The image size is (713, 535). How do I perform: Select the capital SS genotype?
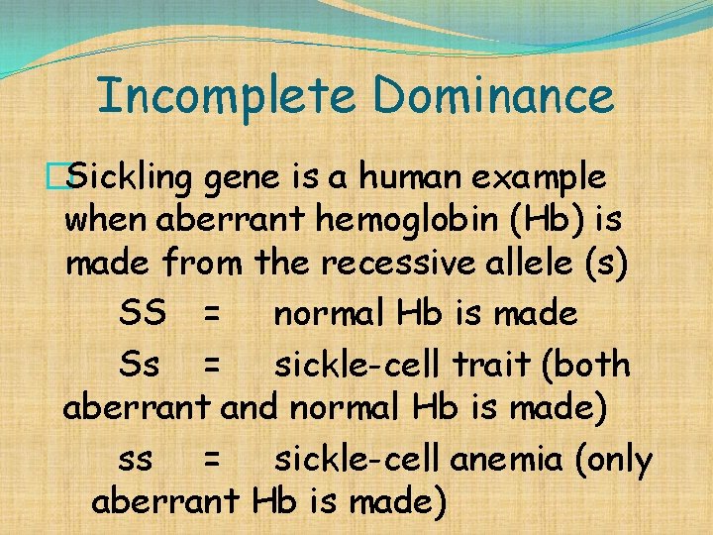click(x=143, y=315)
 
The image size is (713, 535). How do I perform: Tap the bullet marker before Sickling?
click(x=67, y=178)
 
